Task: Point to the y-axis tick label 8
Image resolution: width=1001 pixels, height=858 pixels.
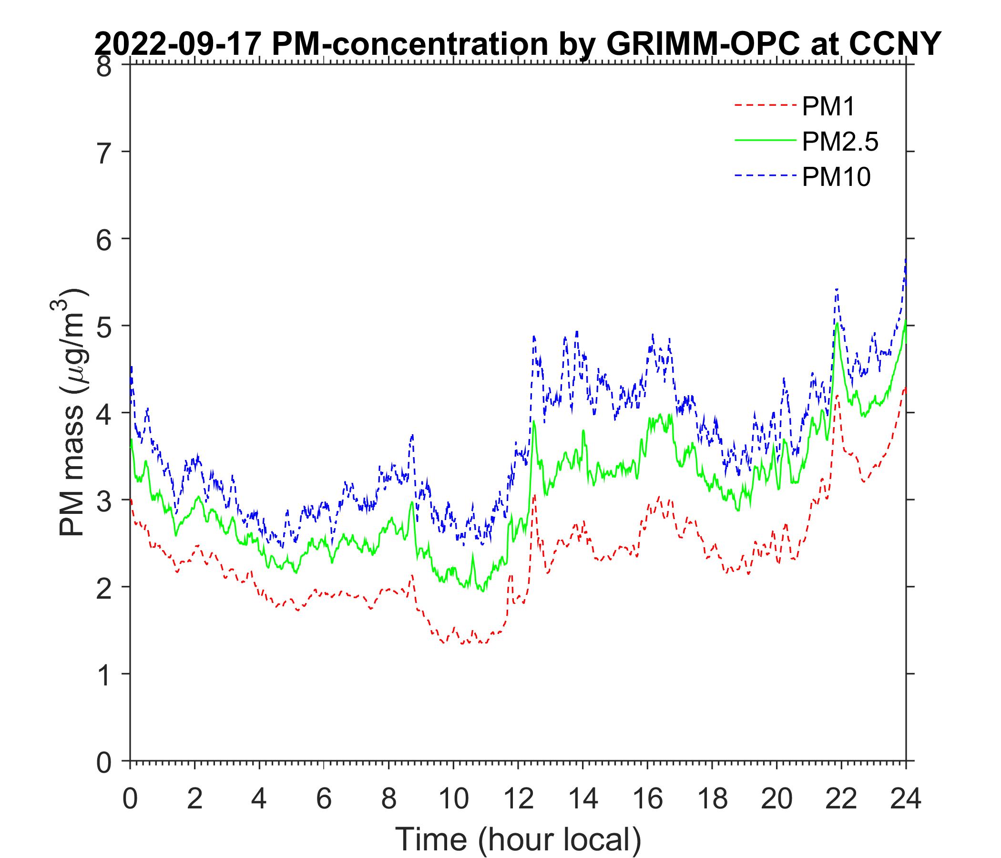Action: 103,67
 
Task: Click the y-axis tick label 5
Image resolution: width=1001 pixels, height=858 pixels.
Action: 103,327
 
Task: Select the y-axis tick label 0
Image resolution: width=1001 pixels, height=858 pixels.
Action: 103,762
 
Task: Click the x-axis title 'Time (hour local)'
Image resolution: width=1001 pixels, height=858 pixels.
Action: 519,839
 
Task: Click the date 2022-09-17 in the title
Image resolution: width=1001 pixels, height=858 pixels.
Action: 179,44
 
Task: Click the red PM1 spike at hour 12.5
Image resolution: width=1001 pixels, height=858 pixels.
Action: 534,495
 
